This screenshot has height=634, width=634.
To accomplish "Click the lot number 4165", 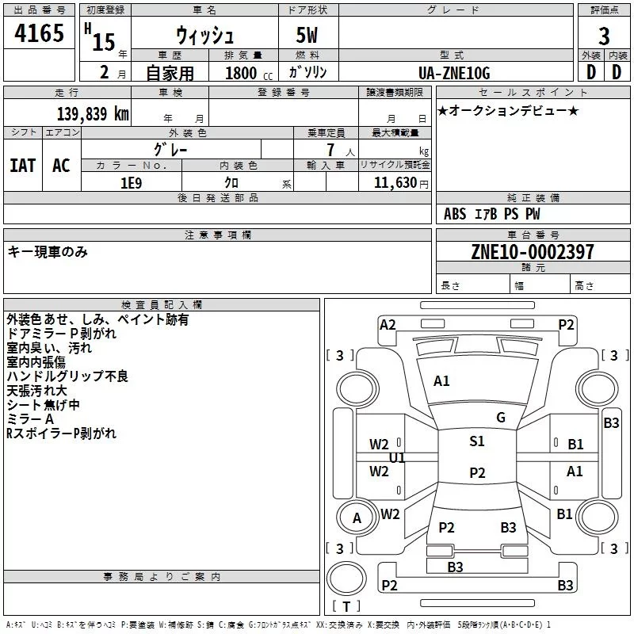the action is click(39, 32).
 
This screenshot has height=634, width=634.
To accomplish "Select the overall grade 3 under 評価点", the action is click(604, 36).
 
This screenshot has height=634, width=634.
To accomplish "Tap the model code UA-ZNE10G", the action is click(454, 73).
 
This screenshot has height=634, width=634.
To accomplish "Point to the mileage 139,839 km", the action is click(93, 113).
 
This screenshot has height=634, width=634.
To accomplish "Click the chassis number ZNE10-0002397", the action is click(533, 252).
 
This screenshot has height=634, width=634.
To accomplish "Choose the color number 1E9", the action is click(132, 183).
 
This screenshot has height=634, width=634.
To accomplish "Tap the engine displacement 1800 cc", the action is click(249, 73).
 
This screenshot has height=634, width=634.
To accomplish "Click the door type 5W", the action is click(307, 35).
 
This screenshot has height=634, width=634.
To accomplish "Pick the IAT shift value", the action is click(23, 166).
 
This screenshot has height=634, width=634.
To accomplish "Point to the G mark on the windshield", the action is click(501, 418).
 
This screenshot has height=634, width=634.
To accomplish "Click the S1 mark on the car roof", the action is click(477, 441).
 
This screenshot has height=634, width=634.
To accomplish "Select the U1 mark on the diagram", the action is click(397, 458).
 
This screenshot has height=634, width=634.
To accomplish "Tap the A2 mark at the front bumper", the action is click(388, 325).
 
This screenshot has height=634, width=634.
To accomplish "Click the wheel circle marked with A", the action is click(357, 518).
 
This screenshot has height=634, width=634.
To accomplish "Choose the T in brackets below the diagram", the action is click(346, 606).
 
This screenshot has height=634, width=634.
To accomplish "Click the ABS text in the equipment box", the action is click(455, 214).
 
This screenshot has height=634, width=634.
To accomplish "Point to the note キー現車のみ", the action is click(48, 252).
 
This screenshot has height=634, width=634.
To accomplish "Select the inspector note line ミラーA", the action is click(30, 419).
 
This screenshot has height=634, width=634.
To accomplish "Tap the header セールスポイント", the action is click(533, 93).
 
